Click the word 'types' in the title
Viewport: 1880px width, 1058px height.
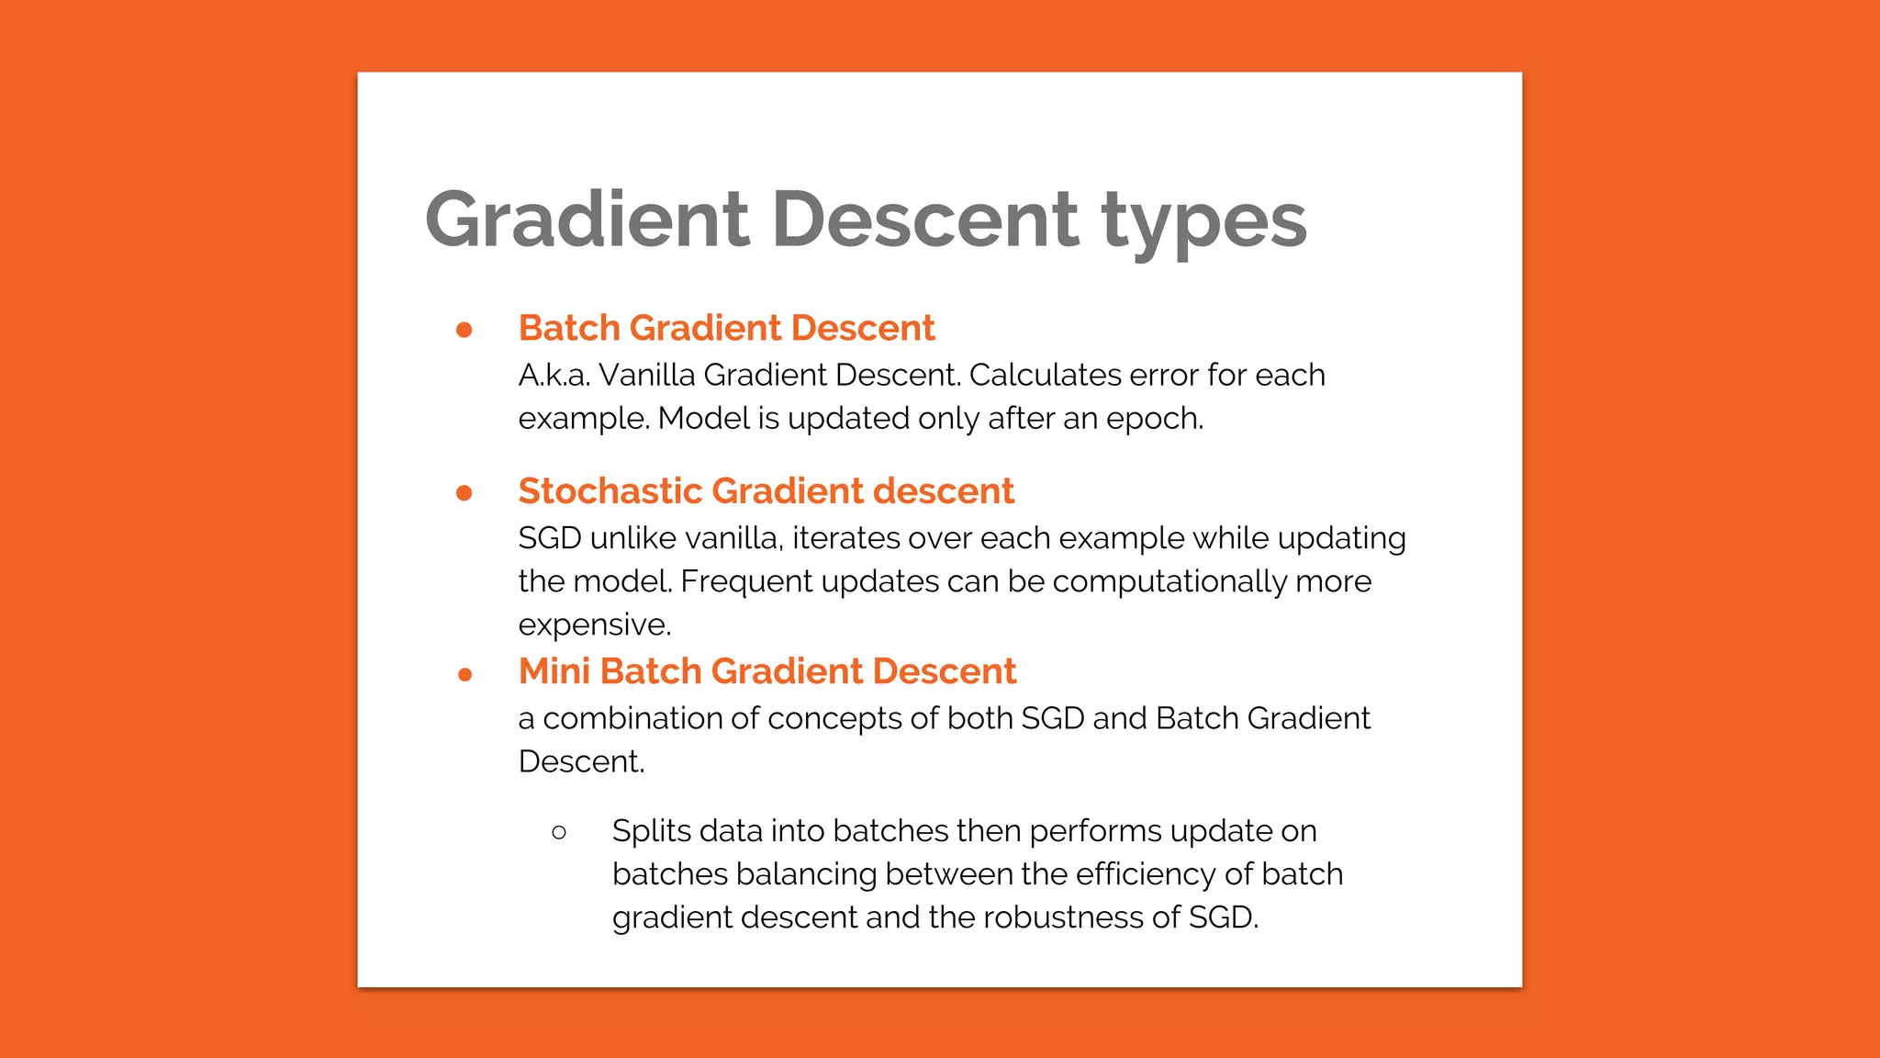(x=1203, y=221)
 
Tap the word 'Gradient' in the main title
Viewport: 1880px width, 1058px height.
(x=587, y=219)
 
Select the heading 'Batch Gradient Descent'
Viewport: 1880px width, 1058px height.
(x=726, y=328)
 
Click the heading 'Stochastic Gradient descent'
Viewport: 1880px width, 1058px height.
(x=766, y=491)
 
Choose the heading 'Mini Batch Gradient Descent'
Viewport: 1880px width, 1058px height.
(x=767, y=671)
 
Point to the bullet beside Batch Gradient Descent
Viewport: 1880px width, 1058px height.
(x=464, y=330)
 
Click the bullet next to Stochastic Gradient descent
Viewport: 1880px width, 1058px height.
(x=464, y=493)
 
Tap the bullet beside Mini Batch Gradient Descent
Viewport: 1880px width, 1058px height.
(x=464, y=674)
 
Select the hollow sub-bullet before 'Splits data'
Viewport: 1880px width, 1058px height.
(x=559, y=833)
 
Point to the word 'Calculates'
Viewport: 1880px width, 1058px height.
(x=1045, y=375)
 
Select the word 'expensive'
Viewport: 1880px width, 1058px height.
(x=593, y=625)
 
